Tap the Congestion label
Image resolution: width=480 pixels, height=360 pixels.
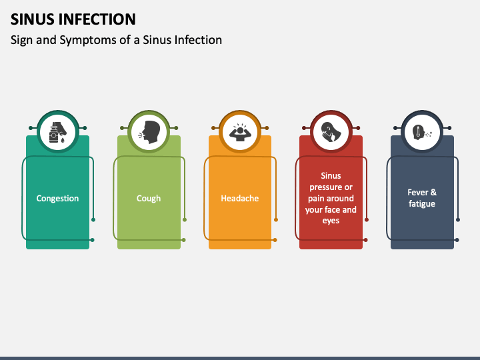[x=57, y=198]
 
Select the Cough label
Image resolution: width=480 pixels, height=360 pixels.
[x=149, y=198]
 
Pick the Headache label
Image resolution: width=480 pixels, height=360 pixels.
[x=240, y=198]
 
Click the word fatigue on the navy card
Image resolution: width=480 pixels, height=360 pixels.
[x=422, y=204]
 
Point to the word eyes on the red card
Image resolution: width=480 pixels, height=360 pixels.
[x=331, y=221]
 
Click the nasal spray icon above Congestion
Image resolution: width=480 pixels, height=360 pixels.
[x=58, y=130]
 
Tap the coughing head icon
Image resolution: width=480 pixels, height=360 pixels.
[x=149, y=130]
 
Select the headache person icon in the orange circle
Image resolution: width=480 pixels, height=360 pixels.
[x=240, y=130]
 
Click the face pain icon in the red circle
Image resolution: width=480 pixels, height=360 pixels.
[x=331, y=130]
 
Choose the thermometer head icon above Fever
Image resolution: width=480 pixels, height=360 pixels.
[x=422, y=130]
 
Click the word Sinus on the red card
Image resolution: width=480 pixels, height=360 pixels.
[x=331, y=176]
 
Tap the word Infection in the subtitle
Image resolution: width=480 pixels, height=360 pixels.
[x=199, y=40]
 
